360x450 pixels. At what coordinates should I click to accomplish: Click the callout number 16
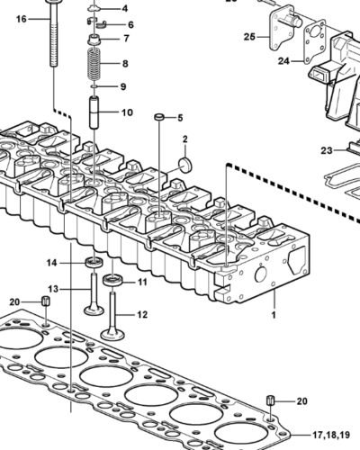point(22,19)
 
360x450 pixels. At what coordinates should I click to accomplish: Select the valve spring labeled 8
point(94,64)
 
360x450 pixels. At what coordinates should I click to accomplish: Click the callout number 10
point(127,112)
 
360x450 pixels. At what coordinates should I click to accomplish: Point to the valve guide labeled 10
point(94,112)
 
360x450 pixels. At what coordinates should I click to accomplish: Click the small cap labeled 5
point(159,117)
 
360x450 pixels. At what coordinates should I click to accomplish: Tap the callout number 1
point(274,315)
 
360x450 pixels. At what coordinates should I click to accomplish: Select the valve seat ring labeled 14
point(94,262)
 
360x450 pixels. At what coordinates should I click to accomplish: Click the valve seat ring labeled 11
point(112,281)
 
